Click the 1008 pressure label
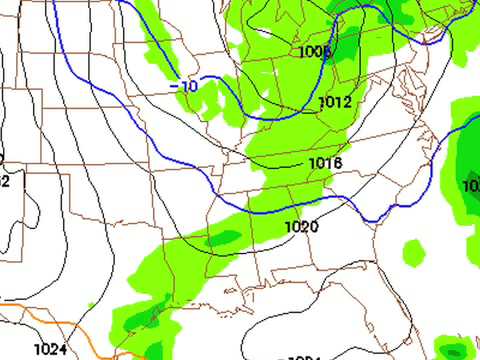tap(313, 52)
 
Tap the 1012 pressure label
tap(335, 103)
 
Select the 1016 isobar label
tap(326, 163)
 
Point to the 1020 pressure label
tap(301, 227)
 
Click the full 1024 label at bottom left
tap(49, 349)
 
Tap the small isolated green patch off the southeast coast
tap(413, 250)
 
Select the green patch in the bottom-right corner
tap(455, 348)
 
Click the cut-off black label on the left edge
tap(4, 181)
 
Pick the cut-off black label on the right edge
tap(472, 186)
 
